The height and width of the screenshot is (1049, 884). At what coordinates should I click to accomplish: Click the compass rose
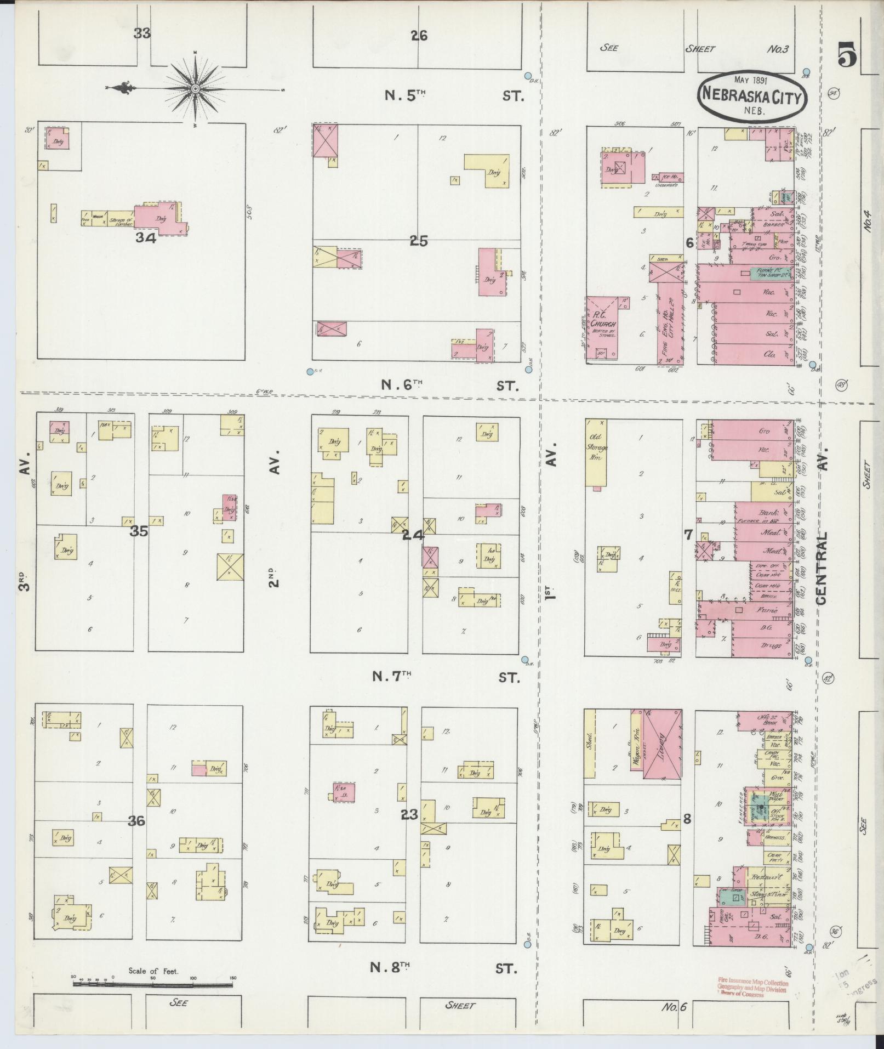point(195,88)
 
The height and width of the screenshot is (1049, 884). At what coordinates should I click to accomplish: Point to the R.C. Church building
point(603,327)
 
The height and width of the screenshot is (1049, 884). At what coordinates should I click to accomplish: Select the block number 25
point(418,241)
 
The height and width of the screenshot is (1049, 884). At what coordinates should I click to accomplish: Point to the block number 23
point(409,814)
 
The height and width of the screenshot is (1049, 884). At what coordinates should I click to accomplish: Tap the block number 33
point(142,33)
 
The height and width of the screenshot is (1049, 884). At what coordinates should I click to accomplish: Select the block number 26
point(419,36)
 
